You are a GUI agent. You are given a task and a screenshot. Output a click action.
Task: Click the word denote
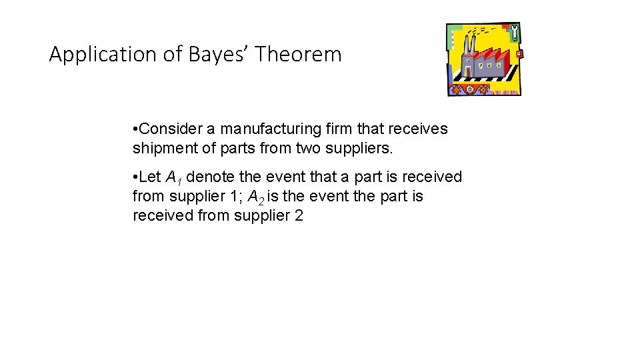[x=211, y=177]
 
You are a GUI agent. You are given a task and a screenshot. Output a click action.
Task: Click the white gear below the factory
[x=470, y=89]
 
